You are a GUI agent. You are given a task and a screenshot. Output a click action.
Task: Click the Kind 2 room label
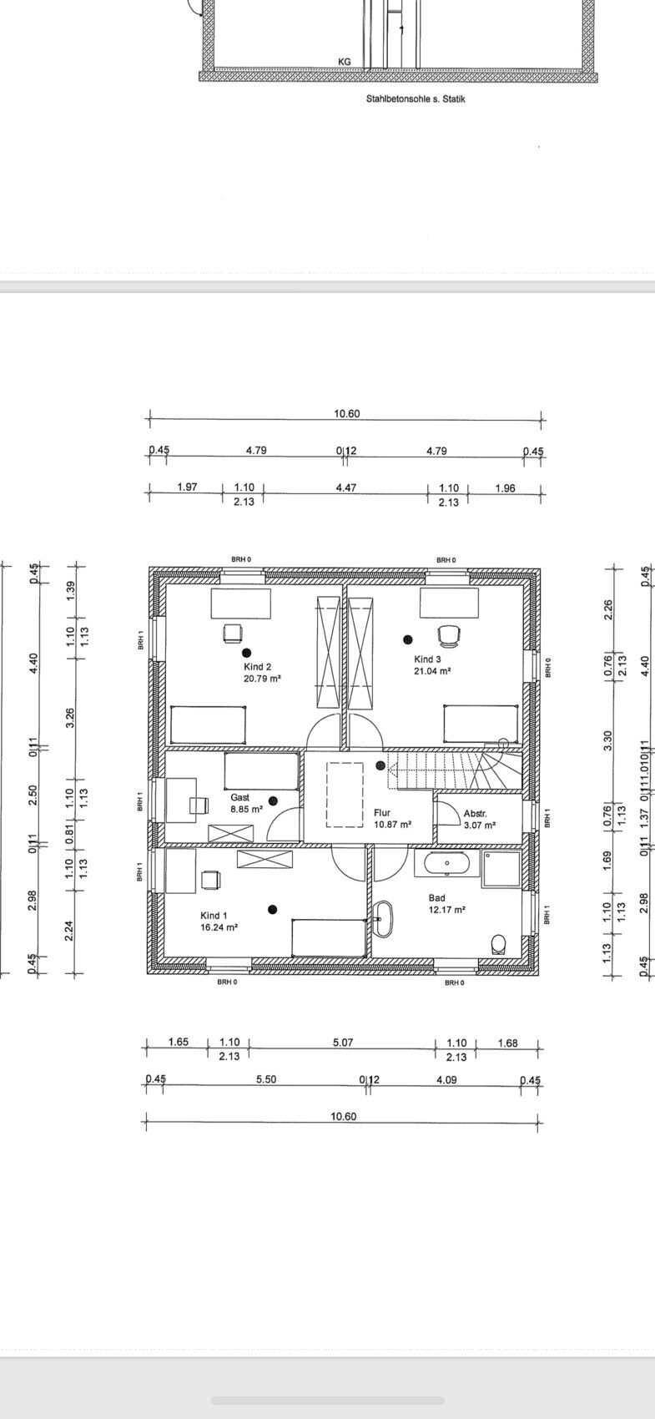pyautogui.click(x=257, y=667)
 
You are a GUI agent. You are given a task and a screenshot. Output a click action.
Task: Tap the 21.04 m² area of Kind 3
pyautogui.click(x=432, y=671)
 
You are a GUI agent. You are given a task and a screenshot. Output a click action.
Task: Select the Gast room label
pyautogui.click(x=239, y=797)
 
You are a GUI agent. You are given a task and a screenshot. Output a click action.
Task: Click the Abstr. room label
pyautogui.click(x=475, y=813)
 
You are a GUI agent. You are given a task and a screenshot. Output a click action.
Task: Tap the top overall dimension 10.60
pyautogui.click(x=346, y=414)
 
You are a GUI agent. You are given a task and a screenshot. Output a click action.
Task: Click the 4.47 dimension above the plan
pyautogui.click(x=346, y=487)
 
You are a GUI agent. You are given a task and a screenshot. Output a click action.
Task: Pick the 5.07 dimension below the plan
pyautogui.click(x=343, y=1042)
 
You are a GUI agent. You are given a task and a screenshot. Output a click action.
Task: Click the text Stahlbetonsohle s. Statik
pyautogui.click(x=416, y=98)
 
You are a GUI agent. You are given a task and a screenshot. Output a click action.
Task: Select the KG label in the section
pyautogui.click(x=345, y=62)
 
